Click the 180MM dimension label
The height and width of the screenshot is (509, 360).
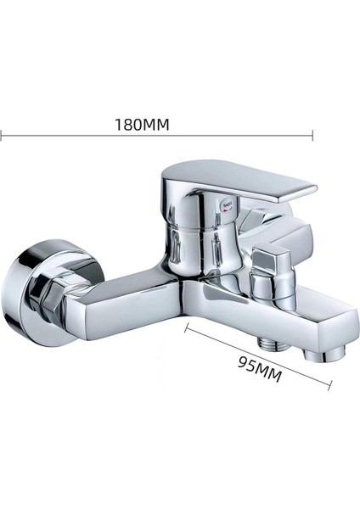coord(143,125)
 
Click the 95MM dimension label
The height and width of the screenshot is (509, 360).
coord(260,369)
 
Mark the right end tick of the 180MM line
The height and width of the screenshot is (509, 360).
coord(312,135)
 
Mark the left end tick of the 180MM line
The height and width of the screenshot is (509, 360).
coord(2,135)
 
